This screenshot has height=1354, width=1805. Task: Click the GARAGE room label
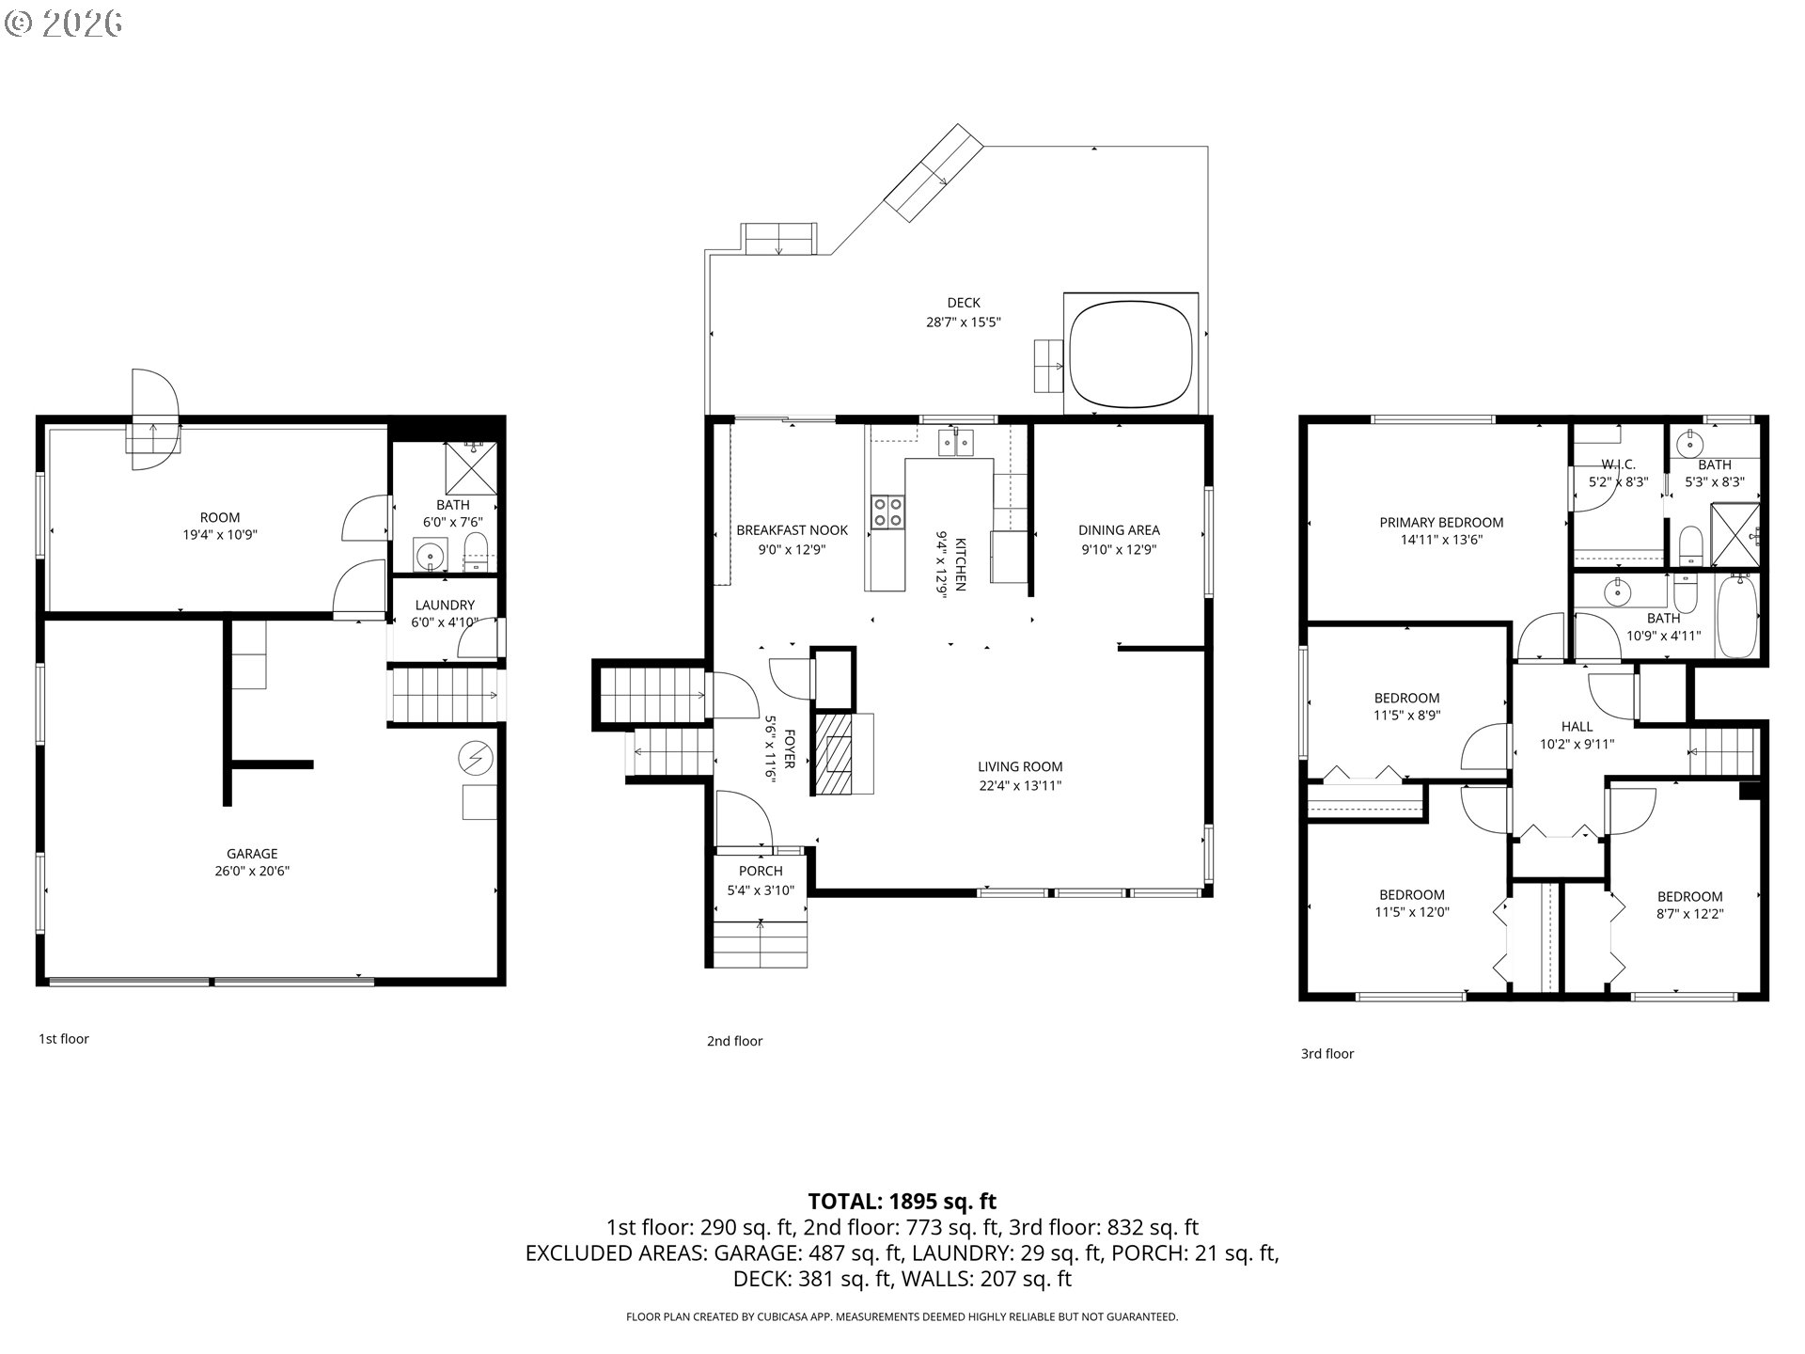coord(252,854)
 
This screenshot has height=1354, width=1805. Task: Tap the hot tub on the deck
coord(1131,354)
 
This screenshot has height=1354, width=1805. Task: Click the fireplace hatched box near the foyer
coord(833,754)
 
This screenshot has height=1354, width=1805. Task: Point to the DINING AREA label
coord(1119,530)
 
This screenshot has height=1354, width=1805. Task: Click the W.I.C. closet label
coord(1618,464)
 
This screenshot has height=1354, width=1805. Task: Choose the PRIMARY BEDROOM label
coord(1441,523)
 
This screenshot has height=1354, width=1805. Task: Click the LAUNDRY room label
coord(445,606)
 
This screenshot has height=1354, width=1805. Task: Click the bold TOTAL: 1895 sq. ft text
coord(902,1201)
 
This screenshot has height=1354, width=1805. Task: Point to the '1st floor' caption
coord(64,1039)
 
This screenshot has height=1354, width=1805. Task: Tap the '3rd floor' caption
coord(1327,1054)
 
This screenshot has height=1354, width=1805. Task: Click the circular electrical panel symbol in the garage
coord(476,759)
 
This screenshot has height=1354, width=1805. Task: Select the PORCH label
coord(761,872)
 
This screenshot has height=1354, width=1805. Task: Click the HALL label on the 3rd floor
coord(1577,727)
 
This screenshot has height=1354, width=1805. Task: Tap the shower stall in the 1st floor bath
coord(470,467)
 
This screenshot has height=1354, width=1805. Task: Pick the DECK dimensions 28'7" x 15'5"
coord(964,322)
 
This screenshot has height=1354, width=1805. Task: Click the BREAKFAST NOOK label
coord(792,530)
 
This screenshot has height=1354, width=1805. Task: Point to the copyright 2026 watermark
coord(63,23)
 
